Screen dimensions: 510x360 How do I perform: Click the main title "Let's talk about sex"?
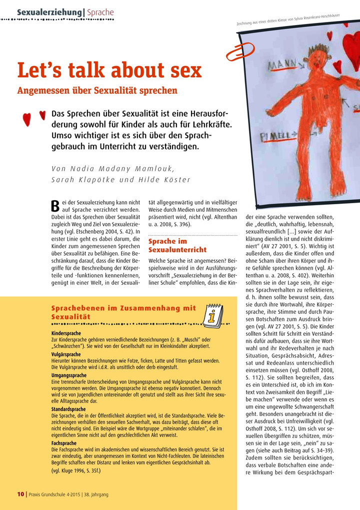(109, 70)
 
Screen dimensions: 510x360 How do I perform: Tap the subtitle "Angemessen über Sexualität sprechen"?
(97, 91)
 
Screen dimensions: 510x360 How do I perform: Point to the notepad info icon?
(214, 313)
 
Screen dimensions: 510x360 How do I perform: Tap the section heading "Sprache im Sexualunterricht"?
(177, 245)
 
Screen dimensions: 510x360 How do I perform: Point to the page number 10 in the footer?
(20, 494)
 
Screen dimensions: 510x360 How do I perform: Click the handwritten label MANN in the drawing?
(283, 66)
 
